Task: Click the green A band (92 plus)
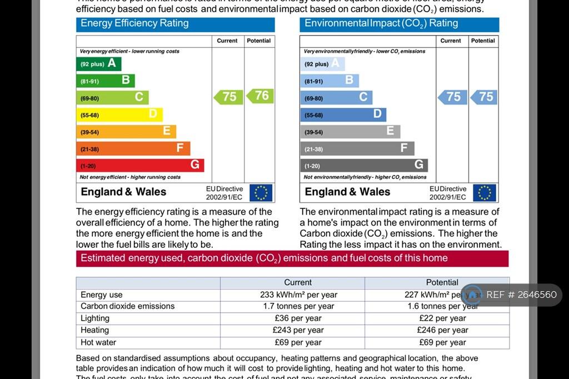click(x=98, y=64)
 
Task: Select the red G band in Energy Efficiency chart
click(x=139, y=165)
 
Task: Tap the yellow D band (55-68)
click(x=119, y=115)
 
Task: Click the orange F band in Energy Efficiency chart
click(x=133, y=148)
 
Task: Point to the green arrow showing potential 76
click(x=260, y=96)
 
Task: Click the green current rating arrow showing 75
click(x=228, y=97)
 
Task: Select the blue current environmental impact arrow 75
click(x=453, y=97)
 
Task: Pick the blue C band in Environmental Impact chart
click(x=336, y=97)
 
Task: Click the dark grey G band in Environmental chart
click(x=364, y=165)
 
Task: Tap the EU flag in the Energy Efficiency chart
click(x=261, y=192)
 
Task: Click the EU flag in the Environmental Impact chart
click(x=485, y=192)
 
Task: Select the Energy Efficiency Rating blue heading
click(x=175, y=24)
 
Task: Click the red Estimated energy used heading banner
click(x=292, y=258)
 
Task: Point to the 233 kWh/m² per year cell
click(x=298, y=295)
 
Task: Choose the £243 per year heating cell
click(x=298, y=330)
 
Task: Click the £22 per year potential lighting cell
click(x=442, y=318)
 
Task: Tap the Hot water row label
click(x=98, y=342)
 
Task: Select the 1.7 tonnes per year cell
click(x=298, y=306)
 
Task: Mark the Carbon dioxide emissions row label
click(x=127, y=306)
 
